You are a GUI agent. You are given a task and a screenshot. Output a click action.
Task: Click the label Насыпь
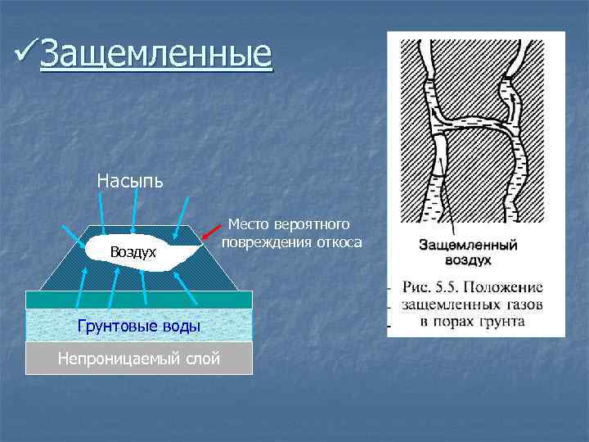[130, 179]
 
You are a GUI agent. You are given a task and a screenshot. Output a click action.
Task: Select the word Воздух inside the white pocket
[133, 252]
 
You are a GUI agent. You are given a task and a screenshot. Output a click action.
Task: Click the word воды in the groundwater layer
[178, 327]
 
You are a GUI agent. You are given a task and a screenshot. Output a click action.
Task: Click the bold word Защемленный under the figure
[468, 245]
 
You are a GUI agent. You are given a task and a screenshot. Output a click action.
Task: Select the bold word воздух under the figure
[468, 259]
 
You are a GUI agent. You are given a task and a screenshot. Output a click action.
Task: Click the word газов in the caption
[522, 304]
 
